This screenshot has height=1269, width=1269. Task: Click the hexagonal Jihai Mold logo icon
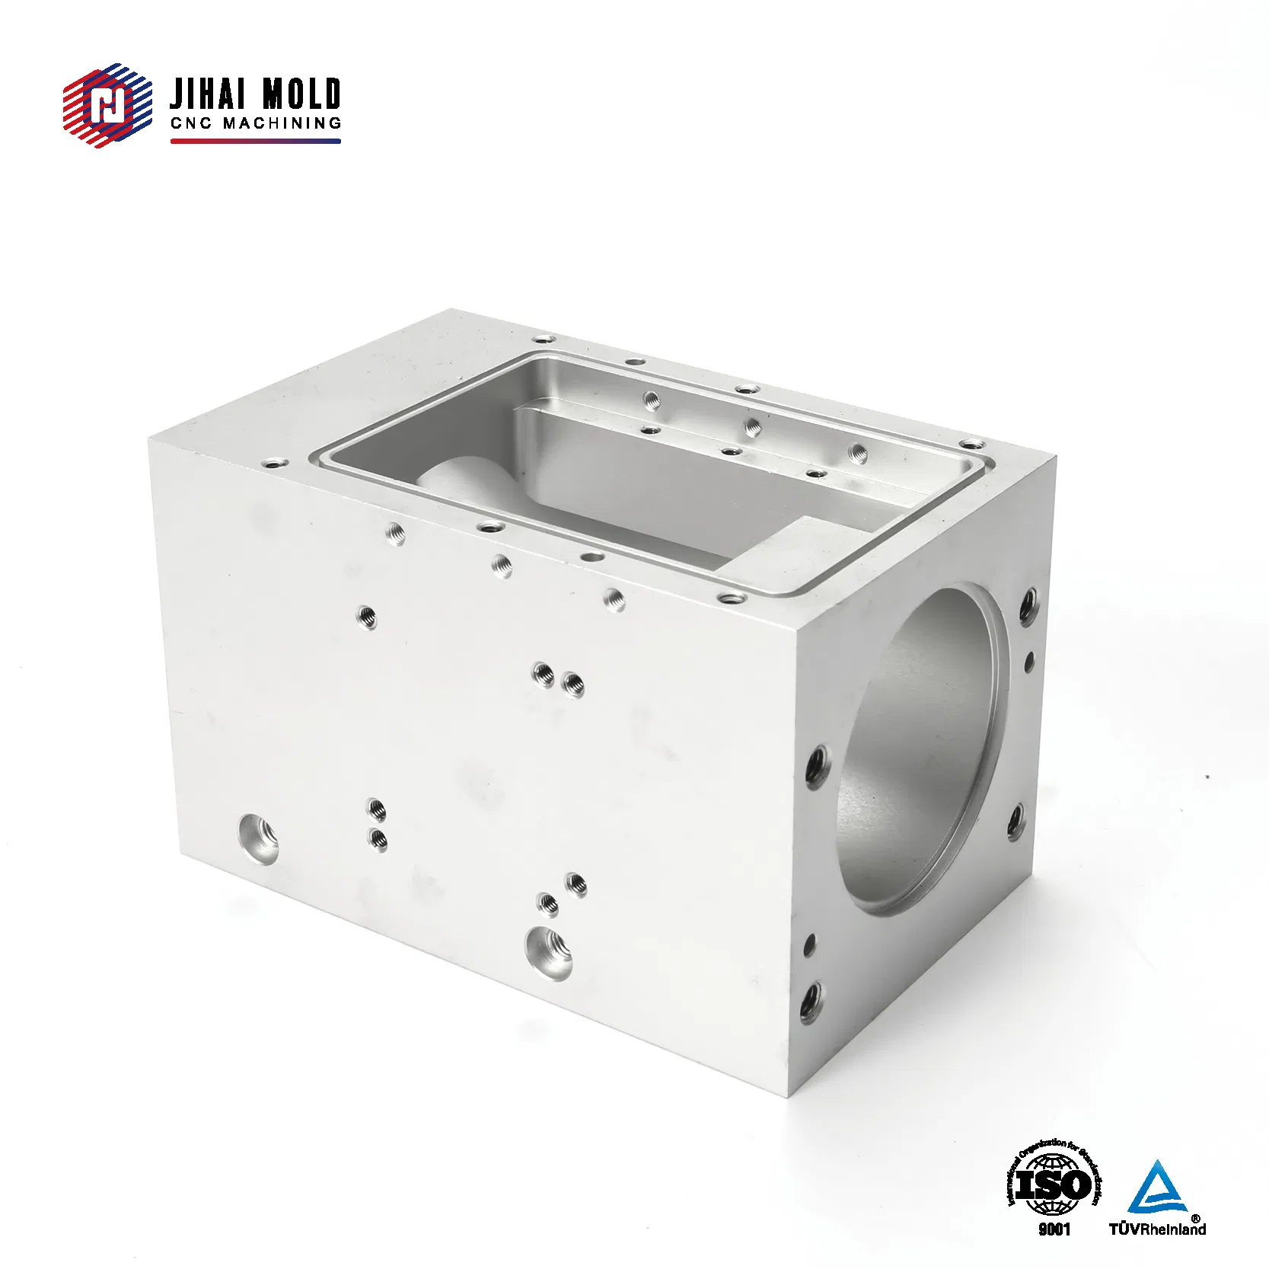97,105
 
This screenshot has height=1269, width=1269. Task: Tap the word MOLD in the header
301,94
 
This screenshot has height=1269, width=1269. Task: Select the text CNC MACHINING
256,123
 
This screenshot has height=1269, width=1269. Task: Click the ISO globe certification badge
1054,1184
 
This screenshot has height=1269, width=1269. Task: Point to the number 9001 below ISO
1054,1229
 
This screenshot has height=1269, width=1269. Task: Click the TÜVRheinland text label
1157,1228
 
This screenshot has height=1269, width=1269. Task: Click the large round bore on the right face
913,750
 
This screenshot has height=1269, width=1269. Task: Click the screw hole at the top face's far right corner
970,443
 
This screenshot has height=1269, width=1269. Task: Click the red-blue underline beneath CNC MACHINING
256,142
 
